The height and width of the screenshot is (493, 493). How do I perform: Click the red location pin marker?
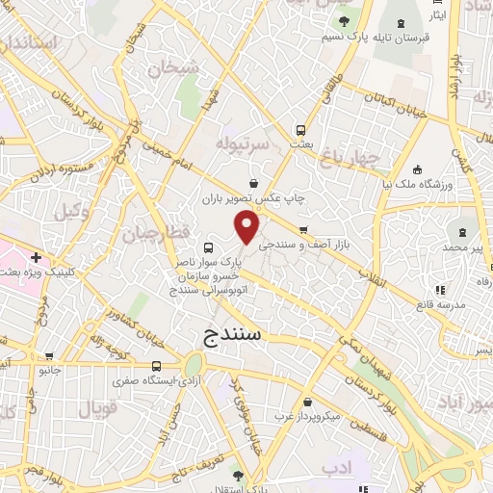click(x=247, y=227)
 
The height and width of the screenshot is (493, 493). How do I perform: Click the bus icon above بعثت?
click(x=301, y=129)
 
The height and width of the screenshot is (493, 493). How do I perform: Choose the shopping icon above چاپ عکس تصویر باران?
click(x=253, y=183)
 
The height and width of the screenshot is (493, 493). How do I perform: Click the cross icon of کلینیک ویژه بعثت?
click(x=36, y=258)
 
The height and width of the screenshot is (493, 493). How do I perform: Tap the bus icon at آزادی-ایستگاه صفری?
click(x=157, y=366)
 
